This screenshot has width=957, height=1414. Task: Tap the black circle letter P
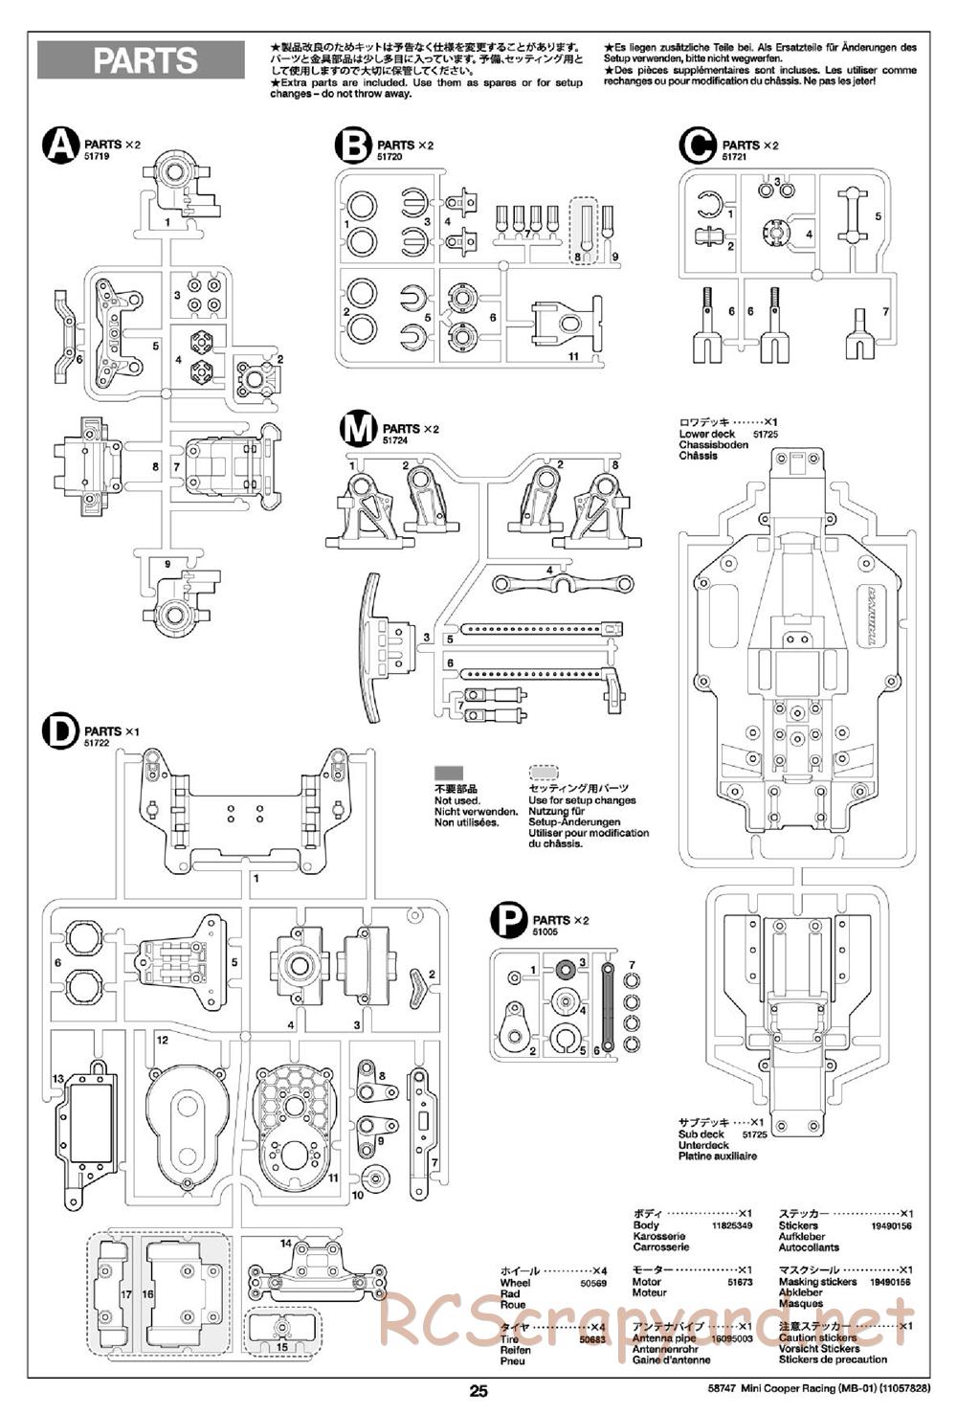[x=507, y=921]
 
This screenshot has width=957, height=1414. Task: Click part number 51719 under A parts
[x=97, y=157]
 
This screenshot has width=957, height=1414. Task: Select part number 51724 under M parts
[x=396, y=441]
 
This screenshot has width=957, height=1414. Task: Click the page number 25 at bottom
[x=478, y=1392]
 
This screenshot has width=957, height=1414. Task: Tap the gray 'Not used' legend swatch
[x=448, y=772]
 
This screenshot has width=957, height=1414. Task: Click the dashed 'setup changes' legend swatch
[x=545, y=772]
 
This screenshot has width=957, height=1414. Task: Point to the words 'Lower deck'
[x=706, y=434]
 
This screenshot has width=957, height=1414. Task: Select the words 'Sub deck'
[x=701, y=1133]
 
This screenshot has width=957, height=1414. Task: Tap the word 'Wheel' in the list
[x=515, y=1282]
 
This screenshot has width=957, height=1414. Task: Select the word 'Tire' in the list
[x=512, y=1338]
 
